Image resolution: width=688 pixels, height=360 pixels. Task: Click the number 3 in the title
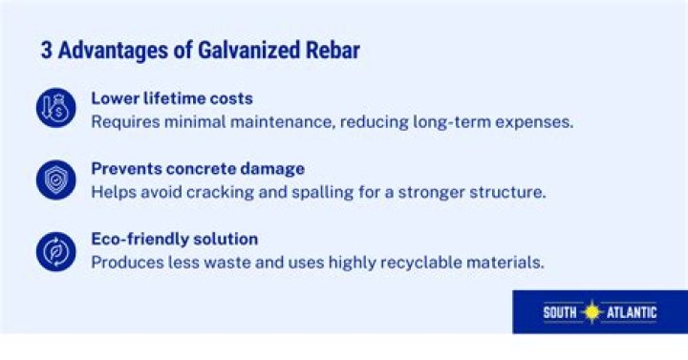tap(46, 51)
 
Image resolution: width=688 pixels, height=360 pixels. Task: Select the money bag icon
tap(55, 109)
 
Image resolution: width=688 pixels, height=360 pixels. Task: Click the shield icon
tap(55, 180)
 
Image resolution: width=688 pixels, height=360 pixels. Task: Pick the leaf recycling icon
tap(55, 250)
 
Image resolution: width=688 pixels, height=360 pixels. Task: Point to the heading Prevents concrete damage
tap(198, 168)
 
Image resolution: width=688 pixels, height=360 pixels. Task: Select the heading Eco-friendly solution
tap(175, 239)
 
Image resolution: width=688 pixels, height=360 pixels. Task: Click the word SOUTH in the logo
tap(563, 312)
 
